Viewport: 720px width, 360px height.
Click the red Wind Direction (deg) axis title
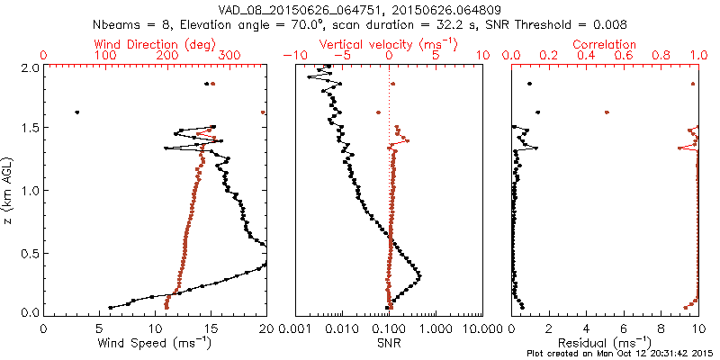[155, 43]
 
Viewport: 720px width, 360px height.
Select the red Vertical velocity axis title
[388, 43]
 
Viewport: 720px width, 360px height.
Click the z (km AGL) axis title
[9, 191]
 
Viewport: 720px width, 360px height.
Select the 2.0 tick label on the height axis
[29, 67]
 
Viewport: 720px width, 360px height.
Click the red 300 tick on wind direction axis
[229, 56]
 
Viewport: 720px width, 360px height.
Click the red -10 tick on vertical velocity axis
[290, 56]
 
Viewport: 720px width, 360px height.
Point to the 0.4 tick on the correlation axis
[587, 56]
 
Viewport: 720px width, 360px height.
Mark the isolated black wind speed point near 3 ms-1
[76, 112]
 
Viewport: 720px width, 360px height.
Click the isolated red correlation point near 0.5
[607, 112]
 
